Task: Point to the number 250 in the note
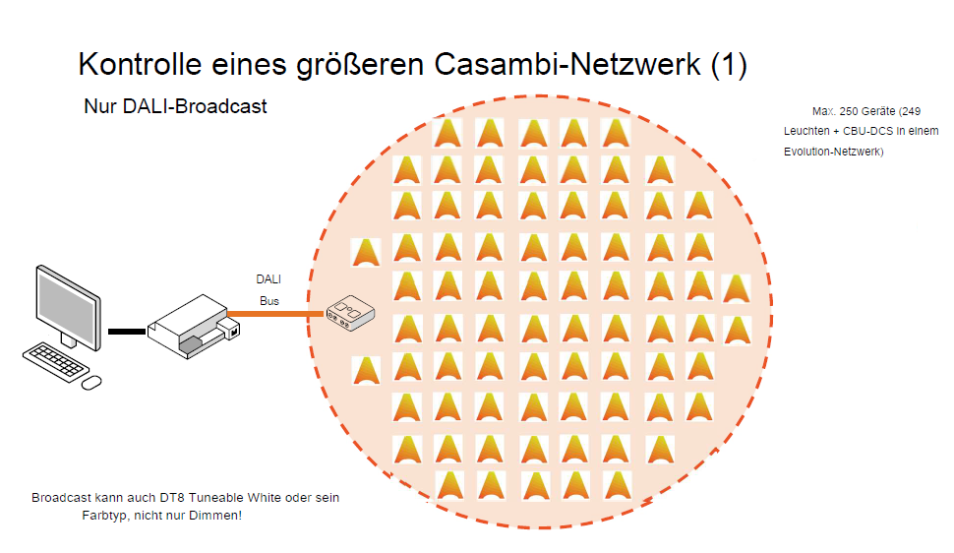[x=848, y=111]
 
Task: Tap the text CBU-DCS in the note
[x=869, y=132]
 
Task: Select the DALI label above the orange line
[x=268, y=279]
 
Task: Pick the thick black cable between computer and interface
[x=126, y=332]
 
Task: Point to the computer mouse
[x=91, y=381]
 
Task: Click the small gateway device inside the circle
[x=351, y=313]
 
